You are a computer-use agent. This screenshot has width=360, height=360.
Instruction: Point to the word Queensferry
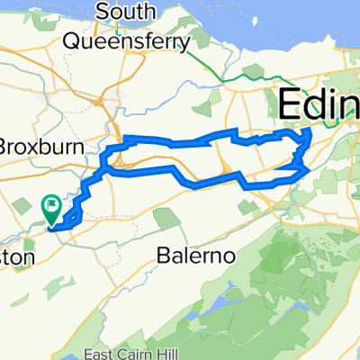(x=126, y=41)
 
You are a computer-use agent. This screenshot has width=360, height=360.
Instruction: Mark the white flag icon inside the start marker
(x=53, y=206)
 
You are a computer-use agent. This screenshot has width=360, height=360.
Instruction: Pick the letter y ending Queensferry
(x=184, y=44)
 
